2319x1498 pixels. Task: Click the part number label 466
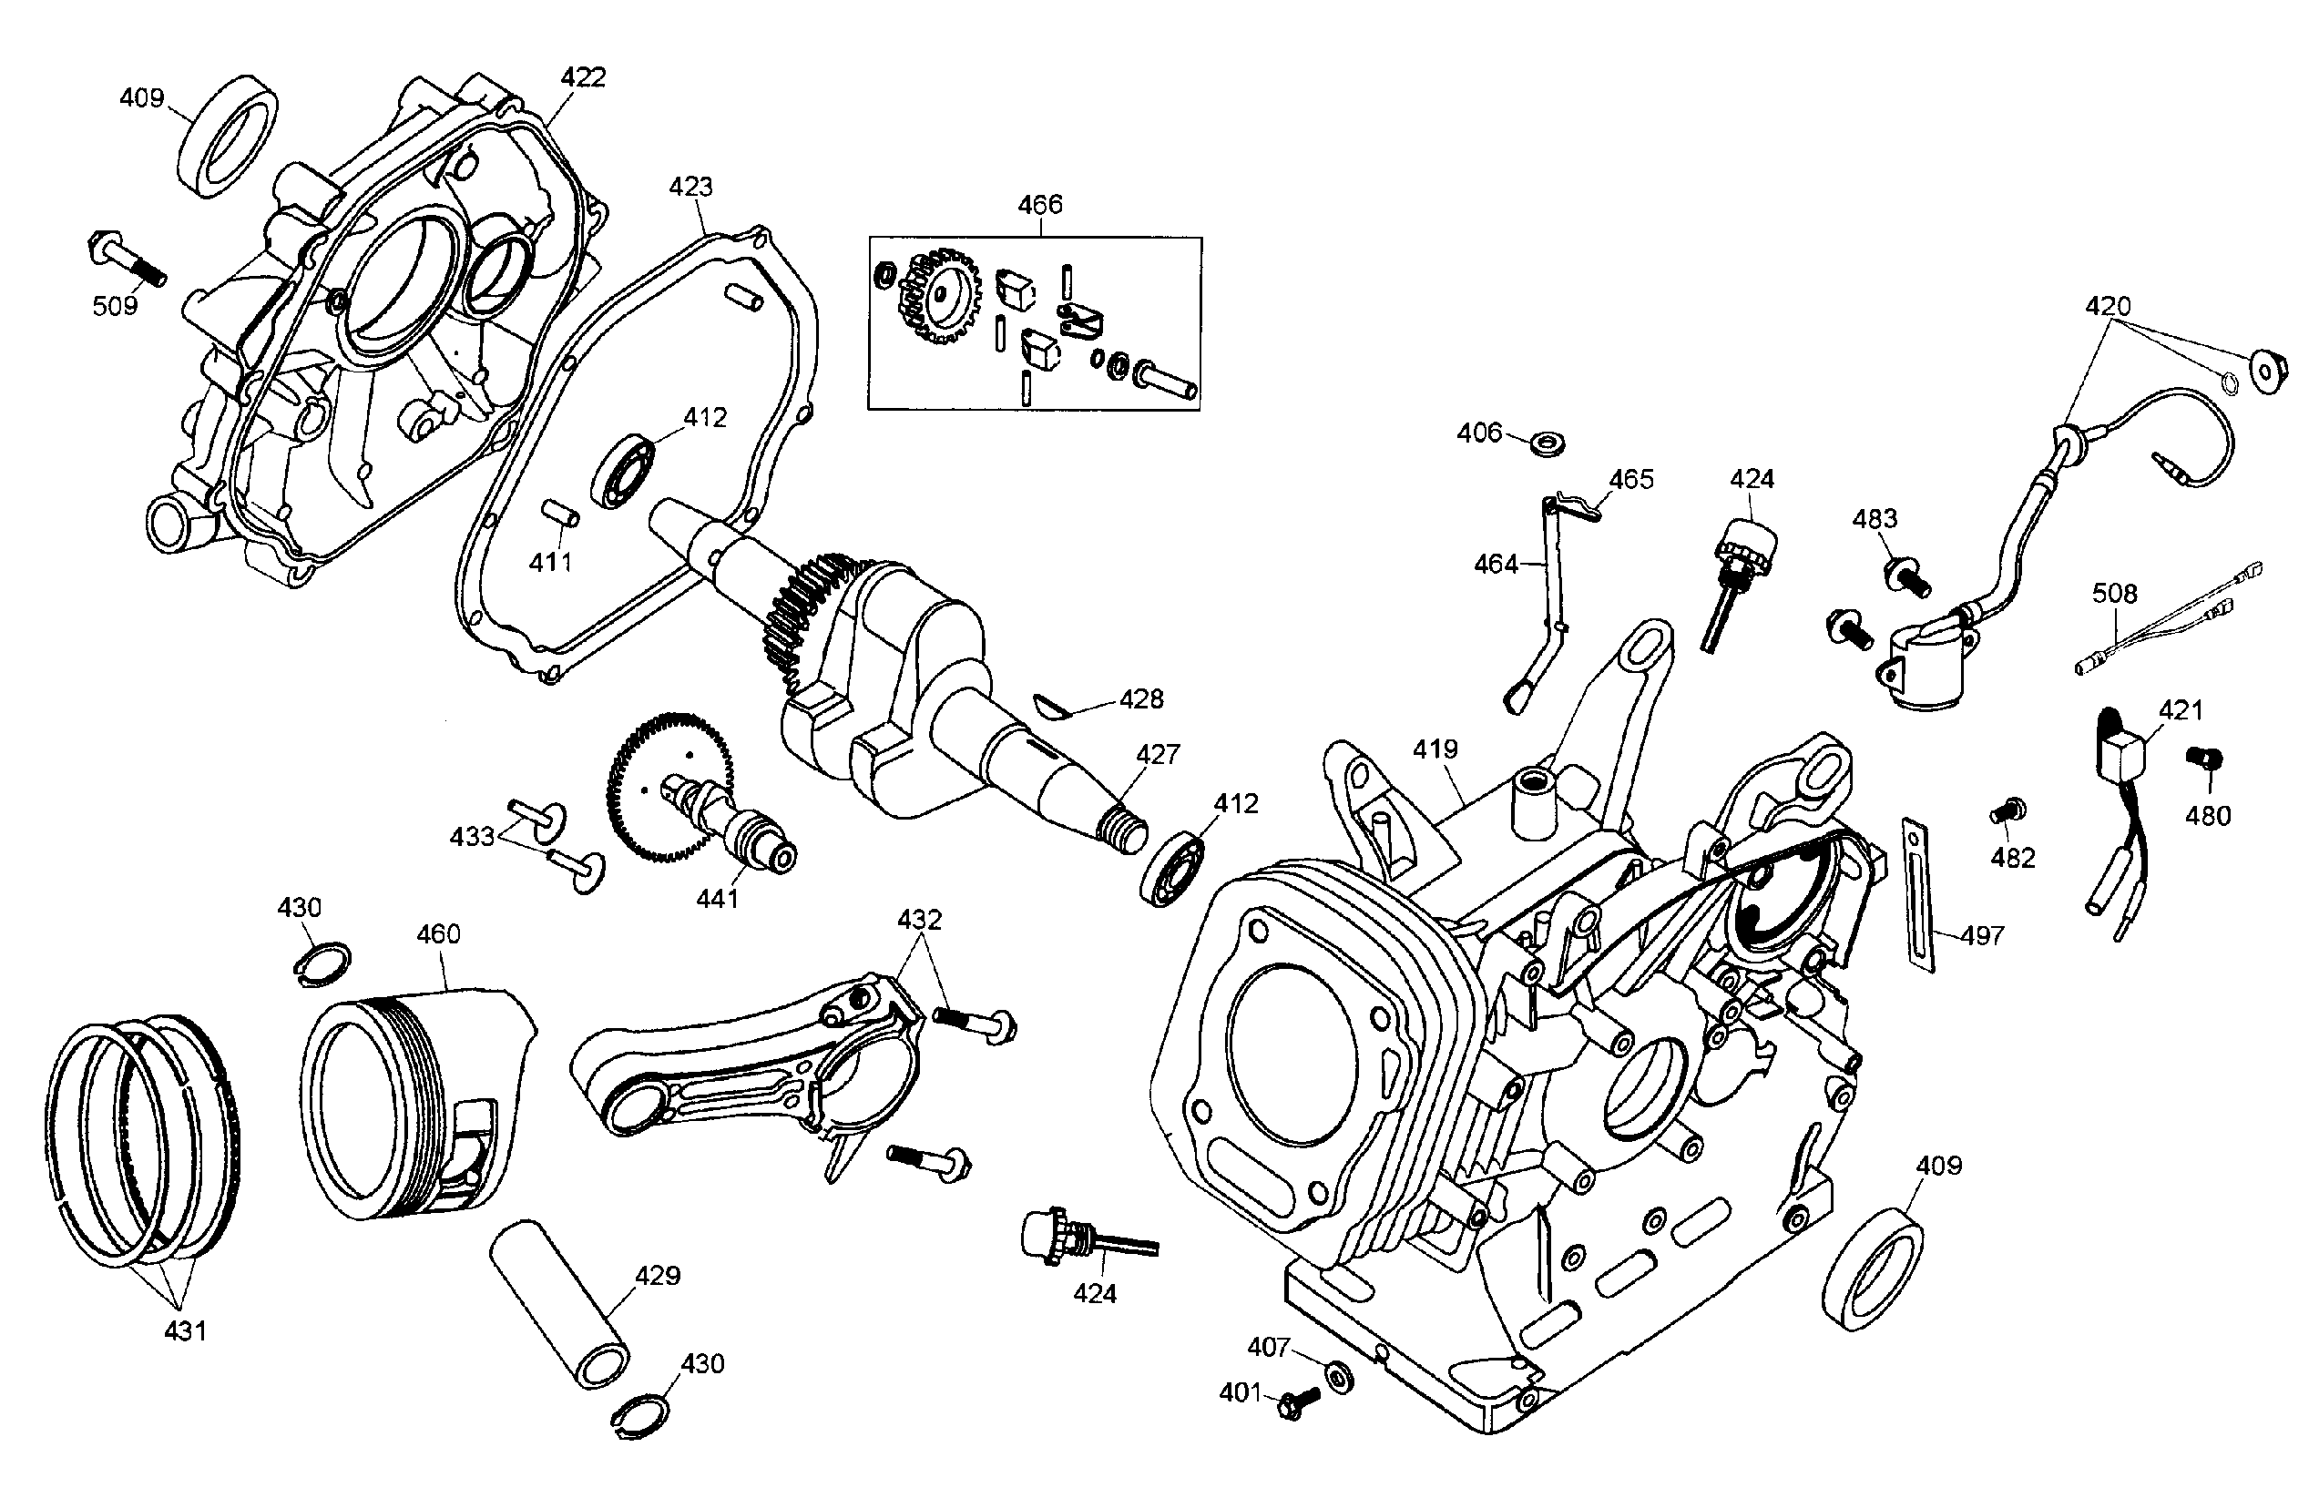coord(1040,205)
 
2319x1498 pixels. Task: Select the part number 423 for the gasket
coord(690,187)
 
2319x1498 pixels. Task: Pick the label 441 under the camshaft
coord(717,899)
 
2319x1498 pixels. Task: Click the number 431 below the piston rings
coord(185,1330)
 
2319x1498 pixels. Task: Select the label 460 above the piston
coord(438,935)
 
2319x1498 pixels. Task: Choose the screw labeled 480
coord(2205,759)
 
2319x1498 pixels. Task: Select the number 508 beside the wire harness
coord(2115,594)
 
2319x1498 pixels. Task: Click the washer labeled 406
coord(1548,444)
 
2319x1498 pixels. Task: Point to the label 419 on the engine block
coord(1435,749)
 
